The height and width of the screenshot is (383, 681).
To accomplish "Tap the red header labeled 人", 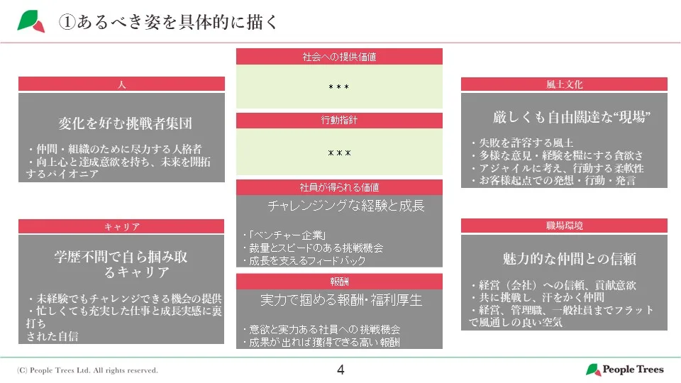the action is (121, 84).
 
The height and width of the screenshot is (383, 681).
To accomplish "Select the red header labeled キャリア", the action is (121, 226).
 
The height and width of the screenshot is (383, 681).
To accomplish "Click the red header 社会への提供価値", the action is (339, 56).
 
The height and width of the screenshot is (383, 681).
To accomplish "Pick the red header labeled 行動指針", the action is (339, 121).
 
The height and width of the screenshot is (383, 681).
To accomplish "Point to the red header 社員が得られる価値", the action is (339, 187).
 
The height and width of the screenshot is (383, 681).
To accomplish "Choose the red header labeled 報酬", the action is (339, 281).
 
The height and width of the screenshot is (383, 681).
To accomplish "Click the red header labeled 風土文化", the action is (564, 84).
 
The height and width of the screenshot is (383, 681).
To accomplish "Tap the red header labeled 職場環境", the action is (564, 226).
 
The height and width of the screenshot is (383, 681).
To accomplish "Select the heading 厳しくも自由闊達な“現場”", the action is (572, 117).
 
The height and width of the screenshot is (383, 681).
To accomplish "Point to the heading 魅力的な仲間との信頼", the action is (568, 259).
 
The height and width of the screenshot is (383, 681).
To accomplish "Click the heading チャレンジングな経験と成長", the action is (346, 206).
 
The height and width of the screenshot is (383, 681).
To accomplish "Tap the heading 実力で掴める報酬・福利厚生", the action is (341, 300).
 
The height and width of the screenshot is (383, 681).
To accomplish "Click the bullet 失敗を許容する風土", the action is (521, 143).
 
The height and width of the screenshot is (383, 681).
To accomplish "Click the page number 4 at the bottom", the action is (340, 370).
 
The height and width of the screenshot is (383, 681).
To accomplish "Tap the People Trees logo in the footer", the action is (624, 370).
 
